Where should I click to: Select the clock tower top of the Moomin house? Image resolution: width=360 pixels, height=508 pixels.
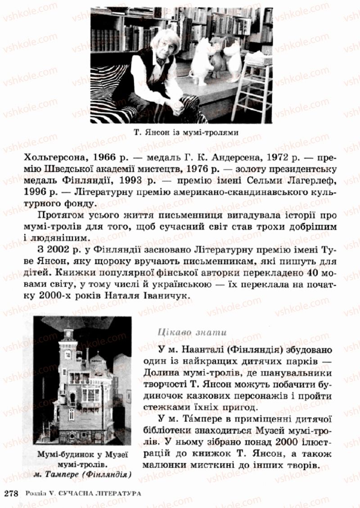click(69, 335)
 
